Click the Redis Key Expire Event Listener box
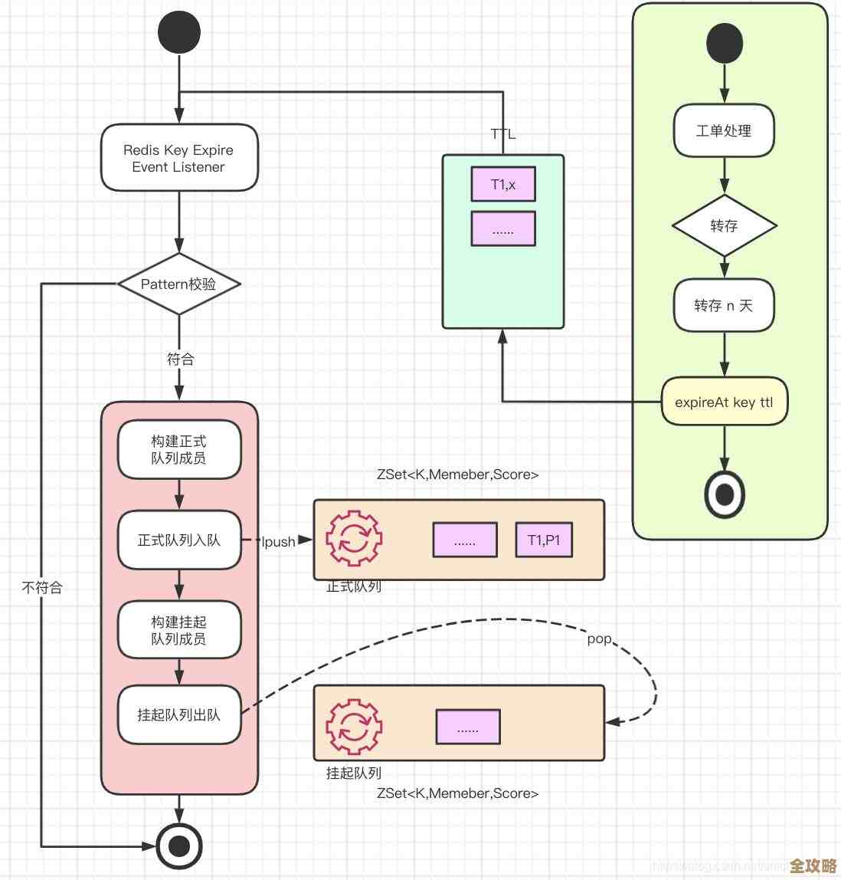[x=179, y=158]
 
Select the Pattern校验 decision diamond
[x=179, y=284]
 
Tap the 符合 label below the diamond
[x=181, y=359]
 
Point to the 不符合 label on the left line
[x=42, y=588]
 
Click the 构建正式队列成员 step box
[x=179, y=449]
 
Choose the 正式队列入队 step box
[x=179, y=540]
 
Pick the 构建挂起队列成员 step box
[x=179, y=630]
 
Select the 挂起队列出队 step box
[x=179, y=714]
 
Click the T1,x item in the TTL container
[x=503, y=185]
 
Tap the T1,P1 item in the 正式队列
[x=544, y=540]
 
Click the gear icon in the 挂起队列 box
[x=354, y=726]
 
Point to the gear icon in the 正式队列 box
[x=354, y=539]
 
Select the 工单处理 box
[x=724, y=131]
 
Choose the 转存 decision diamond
[x=724, y=225]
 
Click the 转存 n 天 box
[x=724, y=305]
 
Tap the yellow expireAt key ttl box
[x=724, y=402]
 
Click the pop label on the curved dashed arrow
[x=599, y=639]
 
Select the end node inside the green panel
[x=724, y=494]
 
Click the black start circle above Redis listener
[x=179, y=32]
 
